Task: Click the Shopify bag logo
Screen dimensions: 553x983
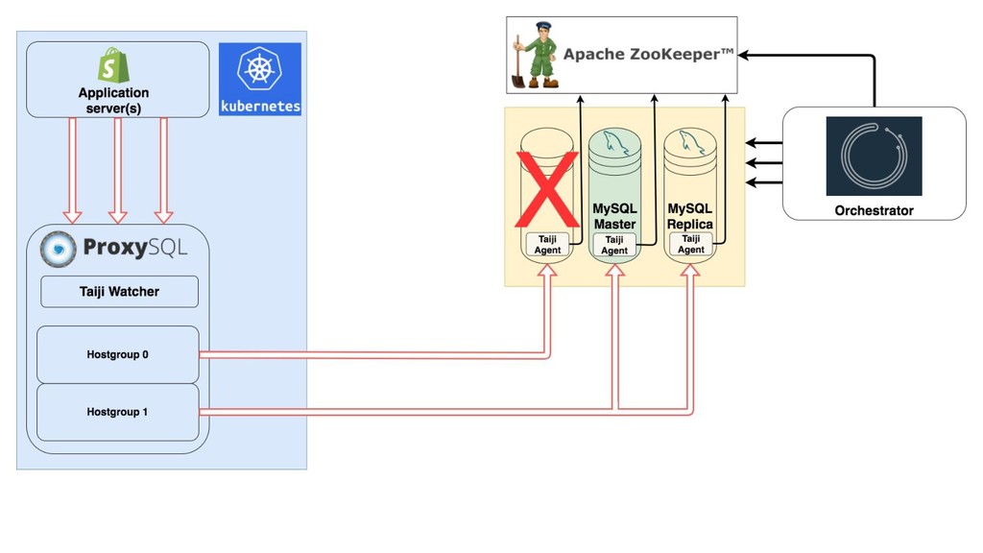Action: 113,64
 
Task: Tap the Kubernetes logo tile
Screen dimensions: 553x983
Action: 259,79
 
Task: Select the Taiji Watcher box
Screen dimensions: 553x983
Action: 119,292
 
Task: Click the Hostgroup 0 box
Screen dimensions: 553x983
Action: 117,354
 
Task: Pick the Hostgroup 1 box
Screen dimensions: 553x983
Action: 117,412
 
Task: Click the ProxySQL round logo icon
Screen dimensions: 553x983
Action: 59,249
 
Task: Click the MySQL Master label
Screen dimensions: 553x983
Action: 614,216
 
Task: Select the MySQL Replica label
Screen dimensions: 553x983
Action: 690,216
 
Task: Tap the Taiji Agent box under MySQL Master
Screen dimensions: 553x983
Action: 614,245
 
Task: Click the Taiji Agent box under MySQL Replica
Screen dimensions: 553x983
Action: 691,244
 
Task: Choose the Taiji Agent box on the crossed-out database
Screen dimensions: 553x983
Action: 547,245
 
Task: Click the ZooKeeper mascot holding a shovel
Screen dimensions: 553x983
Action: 535,55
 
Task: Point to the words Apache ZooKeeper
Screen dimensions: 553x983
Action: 648,55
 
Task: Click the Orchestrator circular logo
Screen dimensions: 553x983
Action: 874,156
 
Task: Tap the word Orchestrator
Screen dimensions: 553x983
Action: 874,210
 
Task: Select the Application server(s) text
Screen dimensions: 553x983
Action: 113,100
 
